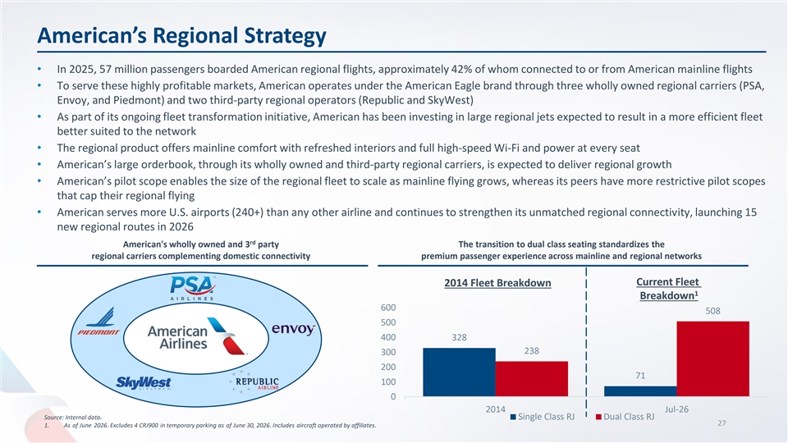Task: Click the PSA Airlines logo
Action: (192, 288)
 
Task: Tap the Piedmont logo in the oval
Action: (99, 322)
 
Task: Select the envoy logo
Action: (294, 329)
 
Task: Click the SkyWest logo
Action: (144, 383)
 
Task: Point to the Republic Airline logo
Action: (255, 381)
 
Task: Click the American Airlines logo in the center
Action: (196, 336)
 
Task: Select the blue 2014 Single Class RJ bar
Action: (459, 372)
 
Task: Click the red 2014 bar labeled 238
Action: (532, 379)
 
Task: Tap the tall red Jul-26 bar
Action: (712, 359)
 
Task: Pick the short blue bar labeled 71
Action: (640, 391)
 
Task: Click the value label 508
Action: (712, 311)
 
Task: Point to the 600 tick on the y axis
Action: (388, 308)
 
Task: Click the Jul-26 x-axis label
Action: (676, 409)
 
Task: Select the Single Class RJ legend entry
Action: (543, 417)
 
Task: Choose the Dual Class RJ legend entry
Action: (625, 417)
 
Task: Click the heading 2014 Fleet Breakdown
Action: (497, 283)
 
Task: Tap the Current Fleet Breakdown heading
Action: (668, 289)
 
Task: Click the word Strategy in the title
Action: (285, 35)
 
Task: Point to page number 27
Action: (722, 423)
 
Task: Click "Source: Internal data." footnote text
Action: (72, 418)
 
